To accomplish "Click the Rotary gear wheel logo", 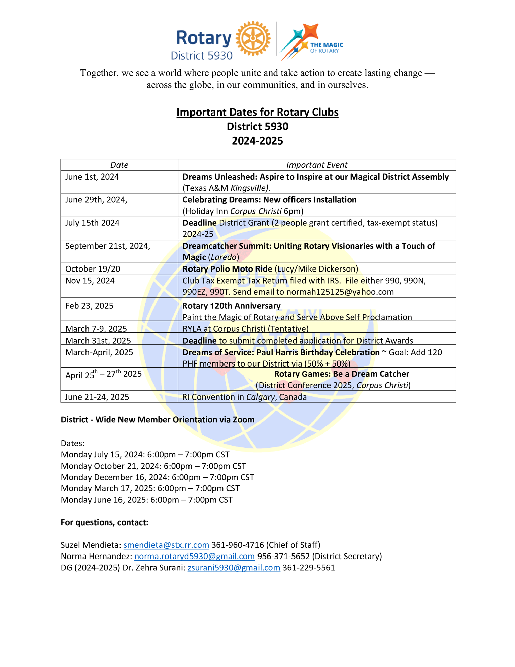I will pos(253,38).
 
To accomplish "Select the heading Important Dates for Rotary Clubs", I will pos(257,112).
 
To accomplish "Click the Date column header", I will pos(119,165).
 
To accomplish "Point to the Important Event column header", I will pos(317,165).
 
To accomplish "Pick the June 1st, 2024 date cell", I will pos(92,177).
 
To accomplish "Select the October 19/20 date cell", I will pos(93,269).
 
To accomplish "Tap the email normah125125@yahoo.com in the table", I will pos(340,292).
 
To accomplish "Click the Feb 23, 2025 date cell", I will pos(90,306).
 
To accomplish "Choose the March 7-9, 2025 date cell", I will pos(96,329).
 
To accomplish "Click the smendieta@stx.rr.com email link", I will pos(166,545).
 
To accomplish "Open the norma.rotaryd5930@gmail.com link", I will pos(195,556).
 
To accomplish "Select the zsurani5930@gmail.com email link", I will pos(234,568).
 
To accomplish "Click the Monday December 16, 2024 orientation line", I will pos(158,477).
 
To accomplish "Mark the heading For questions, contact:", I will pos(104,522).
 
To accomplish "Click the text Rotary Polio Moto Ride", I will pos(227,269).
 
